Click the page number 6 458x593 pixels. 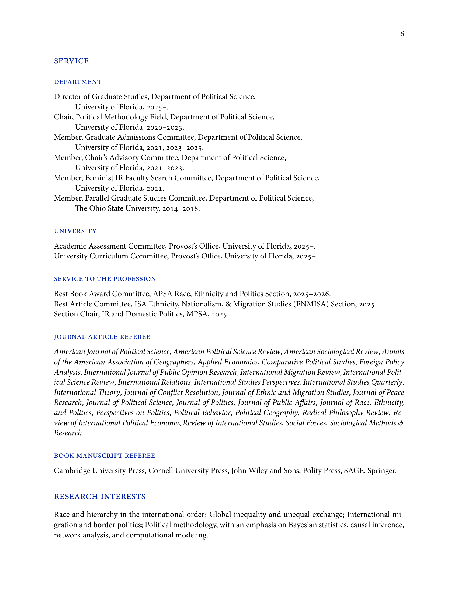coord(402,34)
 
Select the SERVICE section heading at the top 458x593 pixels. coord(71,61)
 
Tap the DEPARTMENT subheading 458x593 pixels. coord(78,82)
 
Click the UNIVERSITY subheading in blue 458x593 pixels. coord(75,231)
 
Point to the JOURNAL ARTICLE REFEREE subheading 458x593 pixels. coord(102,337)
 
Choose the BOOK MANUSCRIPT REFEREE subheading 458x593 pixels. coord(105,456)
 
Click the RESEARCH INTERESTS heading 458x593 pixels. coord(100,497)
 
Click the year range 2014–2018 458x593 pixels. coord(181,209)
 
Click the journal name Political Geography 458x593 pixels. coord(266,413)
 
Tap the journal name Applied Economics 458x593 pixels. coord(227,362)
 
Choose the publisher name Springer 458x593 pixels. coord(382,471)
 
